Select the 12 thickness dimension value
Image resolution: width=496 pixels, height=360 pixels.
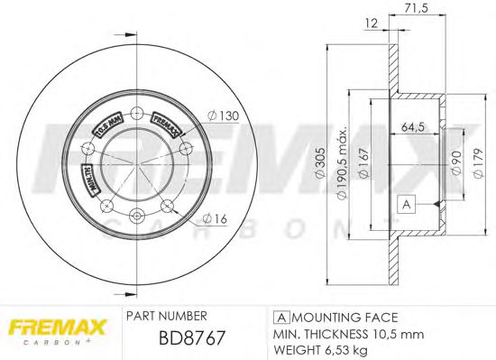click(x=371, y=23)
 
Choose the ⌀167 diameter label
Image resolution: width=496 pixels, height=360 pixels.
click(x=363, y=162)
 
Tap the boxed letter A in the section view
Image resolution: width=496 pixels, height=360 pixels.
click(x=406, y=205)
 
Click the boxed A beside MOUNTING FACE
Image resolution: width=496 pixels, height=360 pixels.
click(x=280, y=318)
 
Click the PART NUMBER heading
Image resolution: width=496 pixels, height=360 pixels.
click(x=167, y=317)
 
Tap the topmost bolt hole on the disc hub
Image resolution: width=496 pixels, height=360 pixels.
click(x=136, y=113)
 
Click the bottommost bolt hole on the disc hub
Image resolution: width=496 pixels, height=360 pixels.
click(x=136, y=215)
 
